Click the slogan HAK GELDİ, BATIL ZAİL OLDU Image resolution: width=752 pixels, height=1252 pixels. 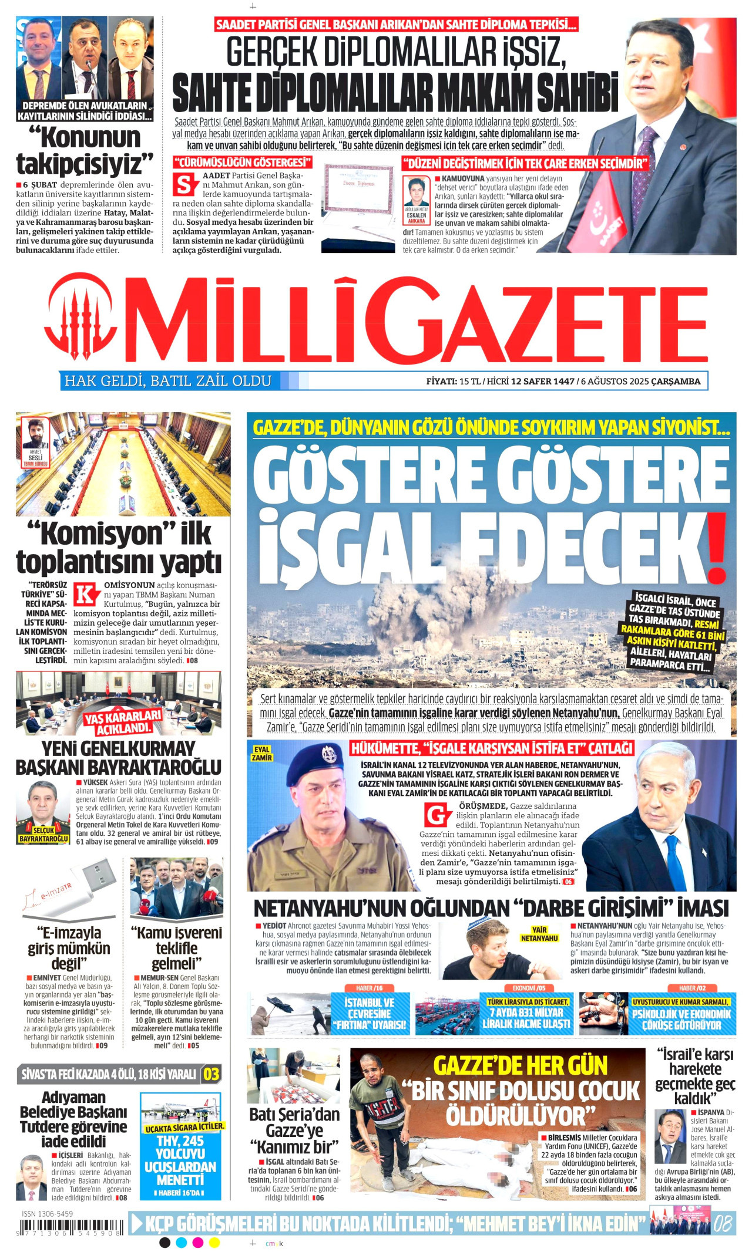coord(167,381)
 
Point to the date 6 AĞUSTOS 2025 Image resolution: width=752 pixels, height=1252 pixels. coord(615,382)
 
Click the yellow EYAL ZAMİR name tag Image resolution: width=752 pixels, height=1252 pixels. coord(261,754)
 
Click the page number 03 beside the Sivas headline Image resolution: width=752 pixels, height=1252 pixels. coord(211,1075)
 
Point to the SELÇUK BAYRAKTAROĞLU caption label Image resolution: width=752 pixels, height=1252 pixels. coord(43,834)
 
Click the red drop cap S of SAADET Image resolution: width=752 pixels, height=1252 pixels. coord(184,184)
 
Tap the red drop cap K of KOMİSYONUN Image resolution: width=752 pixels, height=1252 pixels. coord(87,594)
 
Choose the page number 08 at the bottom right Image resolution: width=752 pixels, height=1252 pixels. coord(723,1224)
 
